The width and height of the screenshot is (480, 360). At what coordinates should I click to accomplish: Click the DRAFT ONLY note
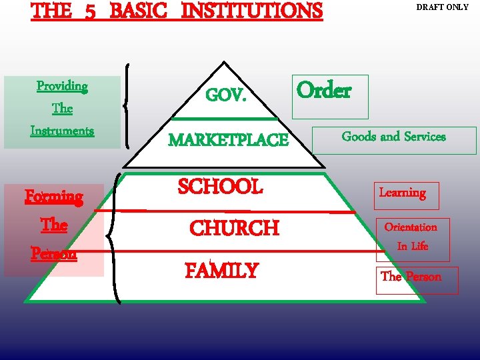point(442,7)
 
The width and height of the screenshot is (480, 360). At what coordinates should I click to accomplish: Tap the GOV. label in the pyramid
point(226,96)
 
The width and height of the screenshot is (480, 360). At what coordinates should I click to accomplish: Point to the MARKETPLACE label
point(228,140)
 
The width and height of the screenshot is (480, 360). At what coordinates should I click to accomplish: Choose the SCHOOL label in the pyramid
point(220,187)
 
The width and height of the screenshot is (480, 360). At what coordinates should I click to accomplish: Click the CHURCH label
point(234,228)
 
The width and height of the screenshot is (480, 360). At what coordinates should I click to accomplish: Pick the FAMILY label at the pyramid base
point(221,271)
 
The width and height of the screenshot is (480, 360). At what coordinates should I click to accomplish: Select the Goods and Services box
point(393,137)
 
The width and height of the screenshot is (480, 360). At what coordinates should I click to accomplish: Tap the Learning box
point(403,193)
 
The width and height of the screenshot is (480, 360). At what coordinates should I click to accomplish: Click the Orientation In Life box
point(411,237)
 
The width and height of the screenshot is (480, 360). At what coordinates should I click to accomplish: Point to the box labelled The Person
point(411,277)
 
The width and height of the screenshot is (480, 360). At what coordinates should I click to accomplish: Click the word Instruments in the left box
point(62,131)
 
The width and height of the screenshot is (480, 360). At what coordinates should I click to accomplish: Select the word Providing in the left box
point(62,86)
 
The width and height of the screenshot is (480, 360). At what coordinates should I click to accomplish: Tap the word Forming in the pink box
point(54,197)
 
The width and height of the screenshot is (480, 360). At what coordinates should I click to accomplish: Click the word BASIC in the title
point(139,11)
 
